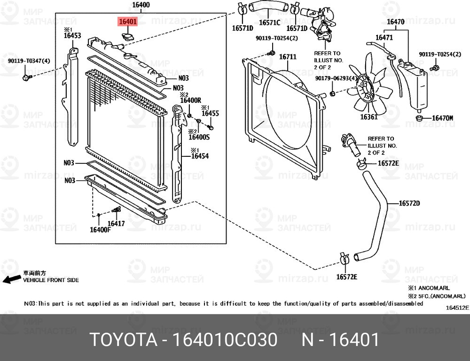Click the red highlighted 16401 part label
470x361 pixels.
click(x=127, y=22)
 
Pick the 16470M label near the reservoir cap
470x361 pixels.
click(x=442, y=118)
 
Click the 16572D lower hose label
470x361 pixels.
click(x=409, y=203)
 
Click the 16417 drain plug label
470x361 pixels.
click(x=116, y=223)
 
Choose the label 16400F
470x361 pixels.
click(x=100, y=230)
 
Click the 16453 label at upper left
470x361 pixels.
click(x=72, y=36)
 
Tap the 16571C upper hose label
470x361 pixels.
click(x=269, y=22)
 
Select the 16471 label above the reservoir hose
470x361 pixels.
click(x=384, y=37)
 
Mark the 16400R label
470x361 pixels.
click(x=191, y=100)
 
